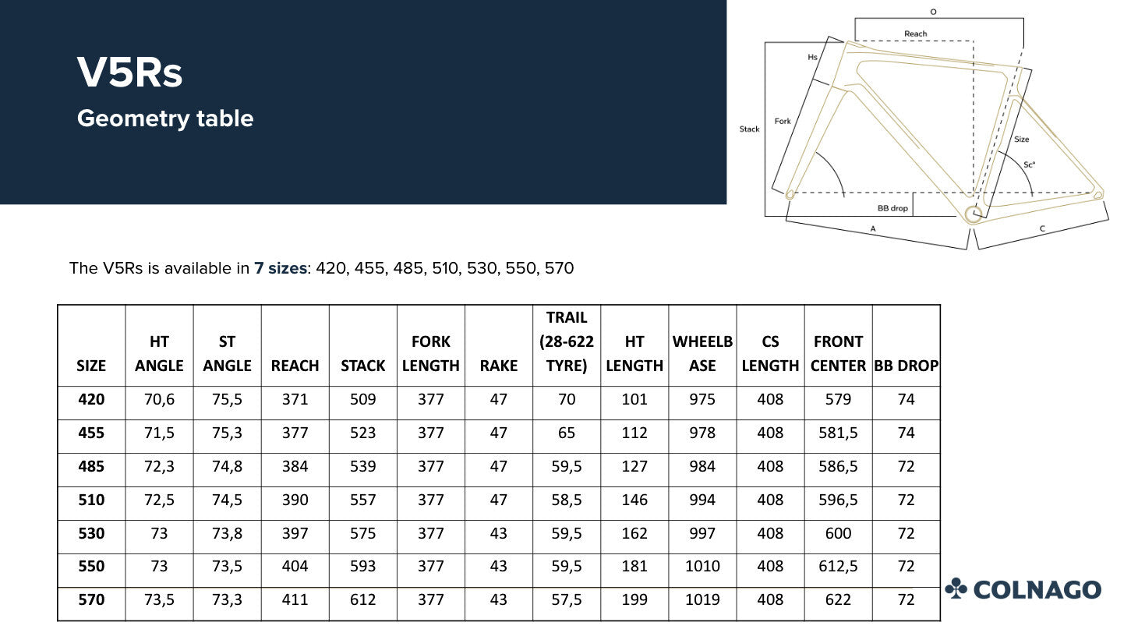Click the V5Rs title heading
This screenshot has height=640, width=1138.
[x=129, y=72]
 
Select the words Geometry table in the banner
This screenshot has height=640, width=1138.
[x=165, y=118]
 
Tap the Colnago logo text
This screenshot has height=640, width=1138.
[x=1037, y=589]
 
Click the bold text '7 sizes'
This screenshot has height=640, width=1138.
[x=281, y=268]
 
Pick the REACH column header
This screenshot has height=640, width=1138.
[x=295, y=366]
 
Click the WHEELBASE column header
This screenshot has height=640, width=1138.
[x=702, y=354]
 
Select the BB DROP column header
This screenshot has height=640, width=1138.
[x=907, y=366]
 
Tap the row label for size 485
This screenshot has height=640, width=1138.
[x=91, y=466]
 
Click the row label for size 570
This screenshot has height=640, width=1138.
[x=91, y=600]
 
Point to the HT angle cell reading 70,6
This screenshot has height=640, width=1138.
[x=159, y=399]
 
